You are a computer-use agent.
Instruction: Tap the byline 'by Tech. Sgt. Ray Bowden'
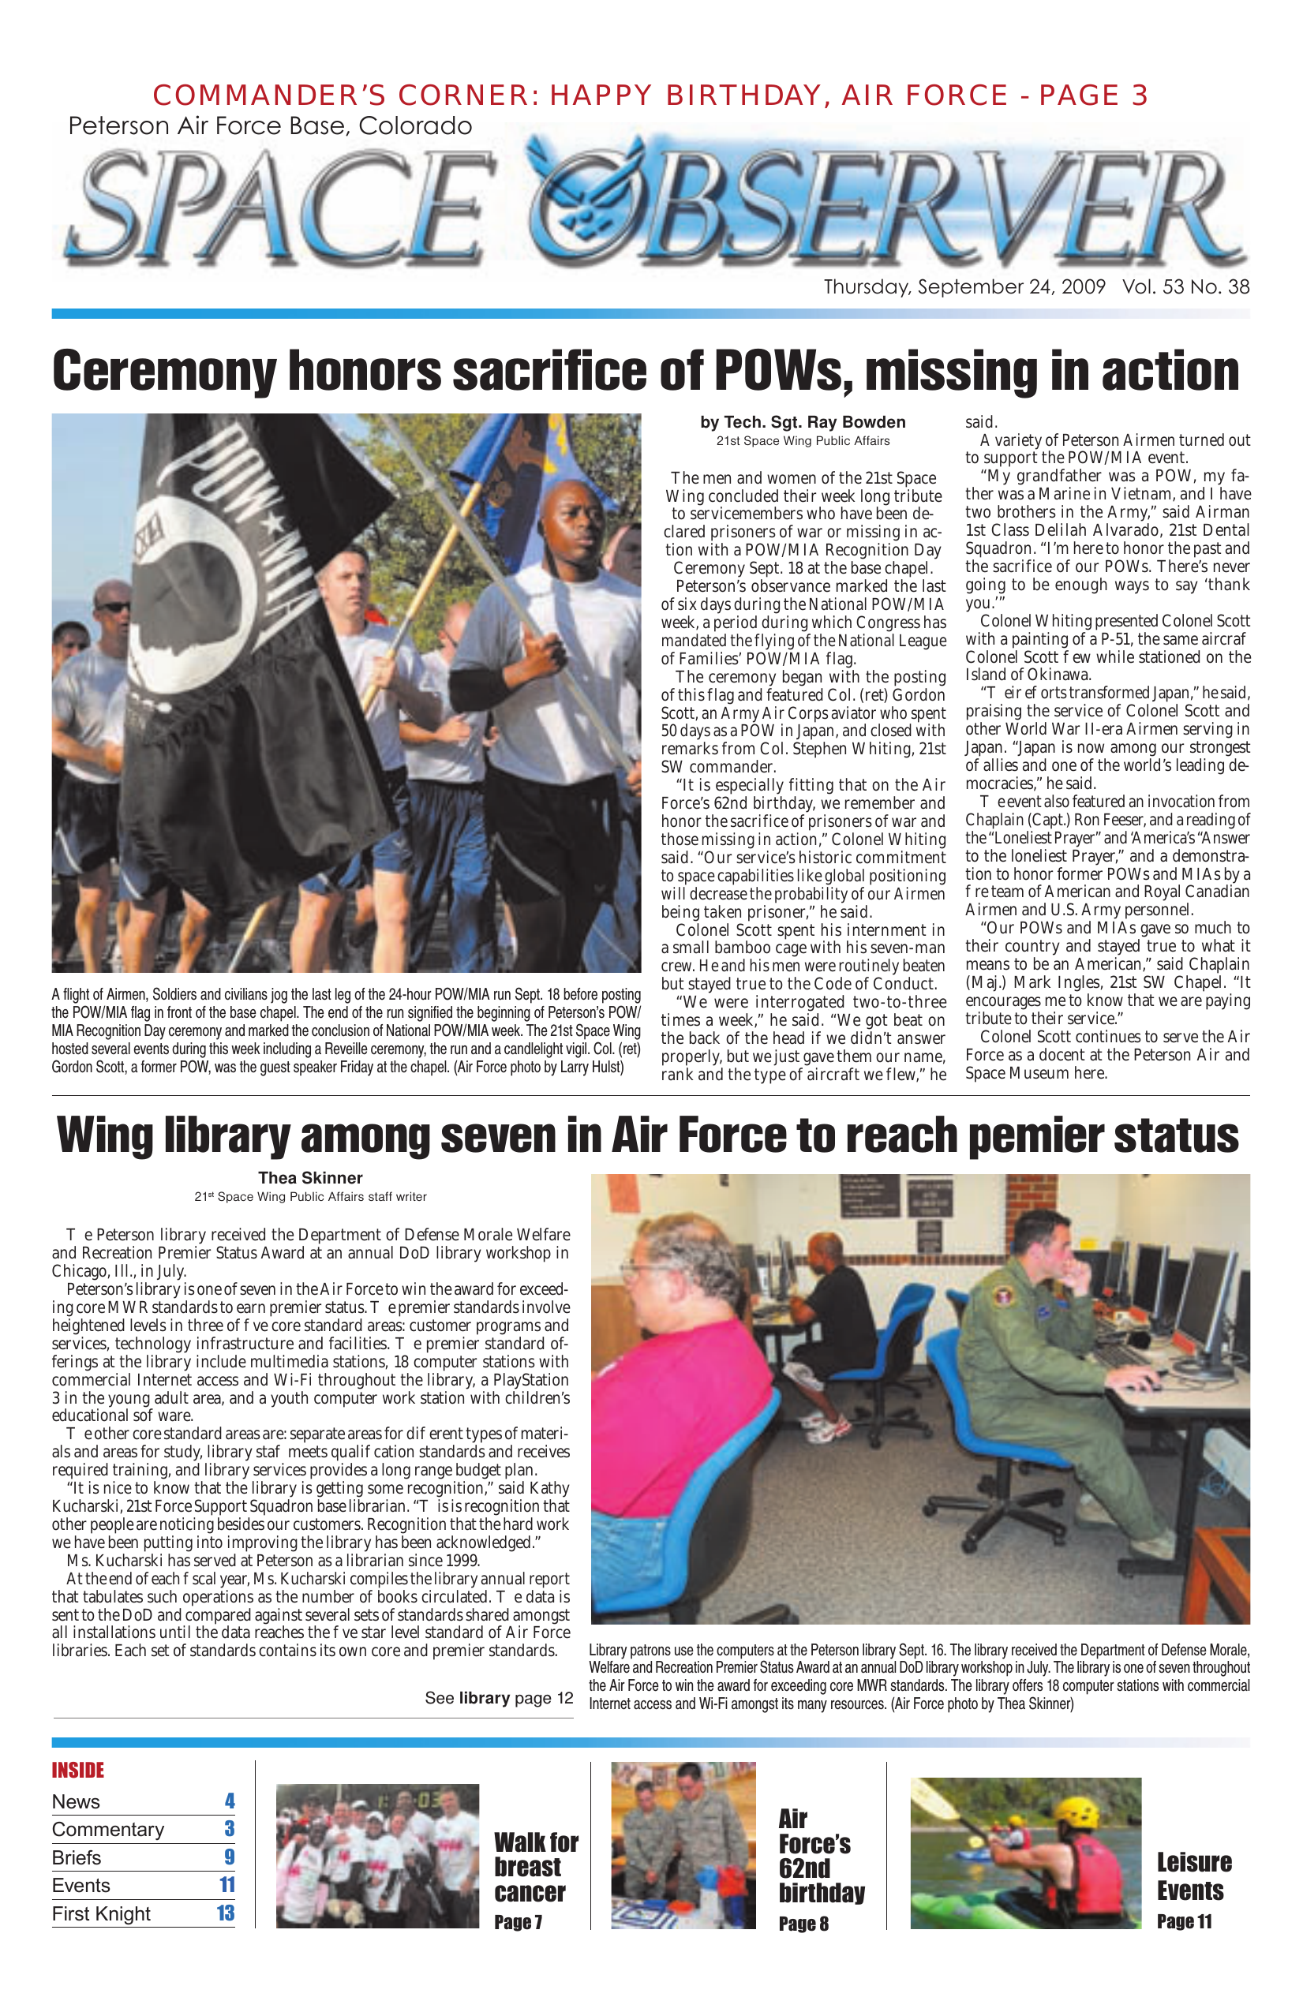802,422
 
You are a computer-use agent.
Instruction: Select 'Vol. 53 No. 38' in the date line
1185,286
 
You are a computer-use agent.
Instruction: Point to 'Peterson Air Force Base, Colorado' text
270,126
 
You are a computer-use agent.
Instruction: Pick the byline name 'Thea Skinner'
309,1177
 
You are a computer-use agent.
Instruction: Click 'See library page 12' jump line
498,1697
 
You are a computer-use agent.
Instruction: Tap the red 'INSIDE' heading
78,1771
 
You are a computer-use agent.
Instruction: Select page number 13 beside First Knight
225,1913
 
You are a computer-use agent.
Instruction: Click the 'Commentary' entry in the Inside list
108,1830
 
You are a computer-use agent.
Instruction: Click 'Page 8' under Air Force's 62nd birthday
803,1924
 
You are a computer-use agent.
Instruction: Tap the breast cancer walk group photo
377,1857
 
